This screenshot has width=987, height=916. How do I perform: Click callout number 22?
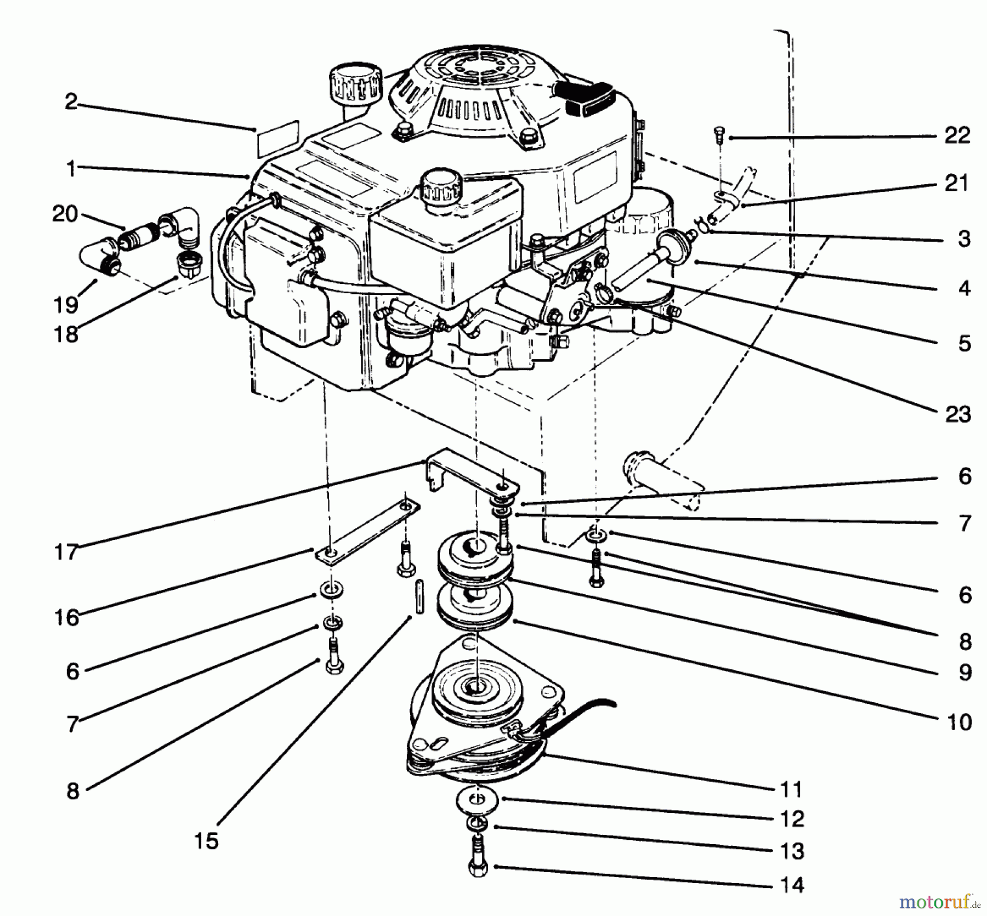click(x=957, y=135)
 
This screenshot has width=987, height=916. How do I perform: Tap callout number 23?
click(x=957, y=414)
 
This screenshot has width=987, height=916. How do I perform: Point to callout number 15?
click(x=206, y=840)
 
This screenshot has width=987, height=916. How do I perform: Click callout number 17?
click(x=66, y=552)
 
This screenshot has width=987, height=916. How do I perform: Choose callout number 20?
click(x=65, y=214)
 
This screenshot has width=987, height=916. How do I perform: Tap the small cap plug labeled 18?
click(x=188, y=264)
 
